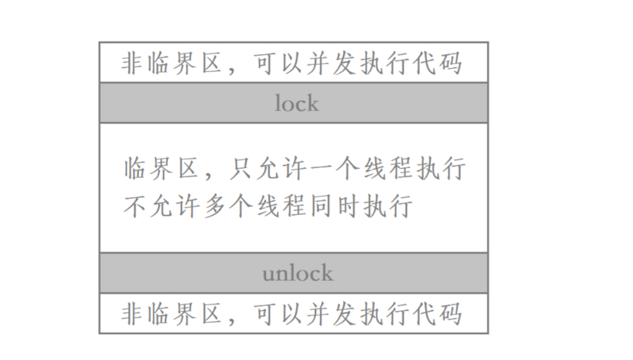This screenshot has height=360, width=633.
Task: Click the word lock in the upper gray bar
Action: coord(297,103)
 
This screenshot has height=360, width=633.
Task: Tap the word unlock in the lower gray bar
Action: coord(298,273)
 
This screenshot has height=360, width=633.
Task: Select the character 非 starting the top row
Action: coord(133,64)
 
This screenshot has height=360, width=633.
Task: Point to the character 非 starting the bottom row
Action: coord(133,314)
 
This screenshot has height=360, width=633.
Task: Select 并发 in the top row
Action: coord(332,64)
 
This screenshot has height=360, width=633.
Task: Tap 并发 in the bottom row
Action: coord(332,314)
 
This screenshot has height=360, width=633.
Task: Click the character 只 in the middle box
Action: coord(241,168)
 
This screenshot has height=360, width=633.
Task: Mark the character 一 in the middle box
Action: coord(321,168)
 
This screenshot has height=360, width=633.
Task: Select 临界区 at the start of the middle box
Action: coord(162,168)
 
